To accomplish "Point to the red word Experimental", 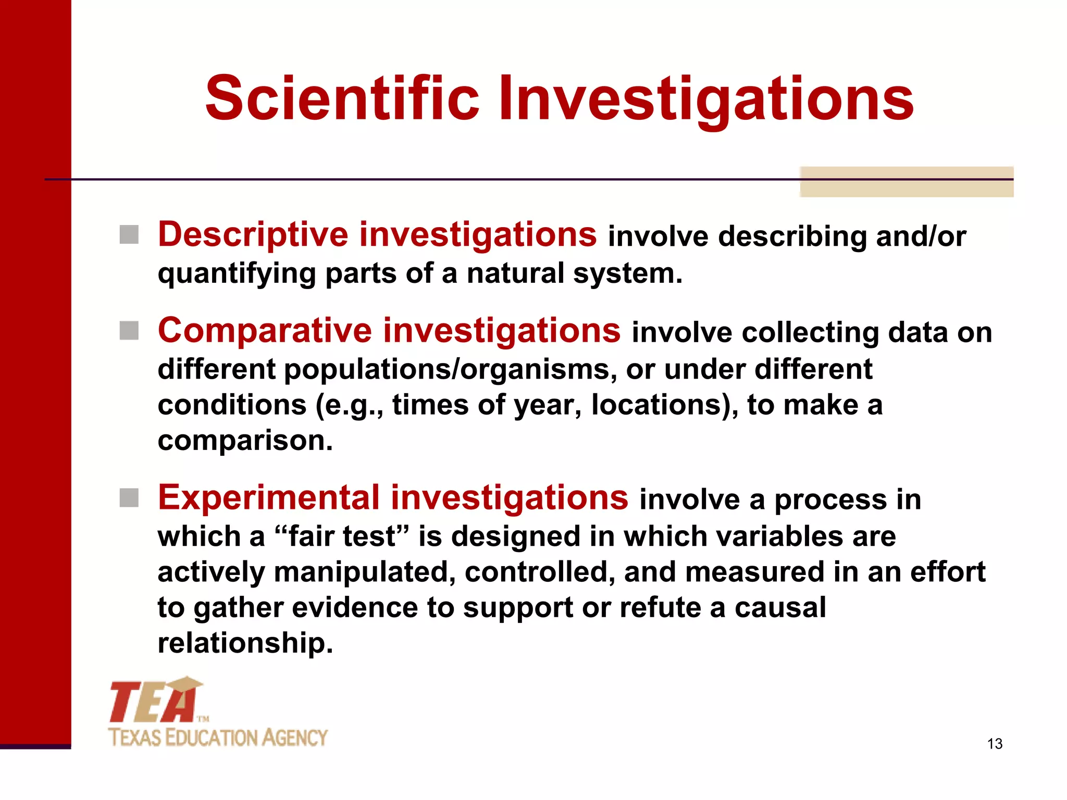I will tap(269, 497).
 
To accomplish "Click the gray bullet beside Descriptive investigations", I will tap(129, 235).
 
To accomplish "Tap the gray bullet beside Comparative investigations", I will tap(129, 330).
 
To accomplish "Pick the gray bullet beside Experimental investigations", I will tap(129, 497).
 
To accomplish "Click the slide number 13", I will tap(995, 744).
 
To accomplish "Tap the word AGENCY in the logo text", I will tap(294, 738).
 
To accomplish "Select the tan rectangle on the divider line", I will tap(907, 182).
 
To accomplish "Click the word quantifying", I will tap(237, 274).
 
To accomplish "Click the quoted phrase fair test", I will tap(342, 536).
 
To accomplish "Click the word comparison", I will tap(245, 441).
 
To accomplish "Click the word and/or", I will tap(921, 236).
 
